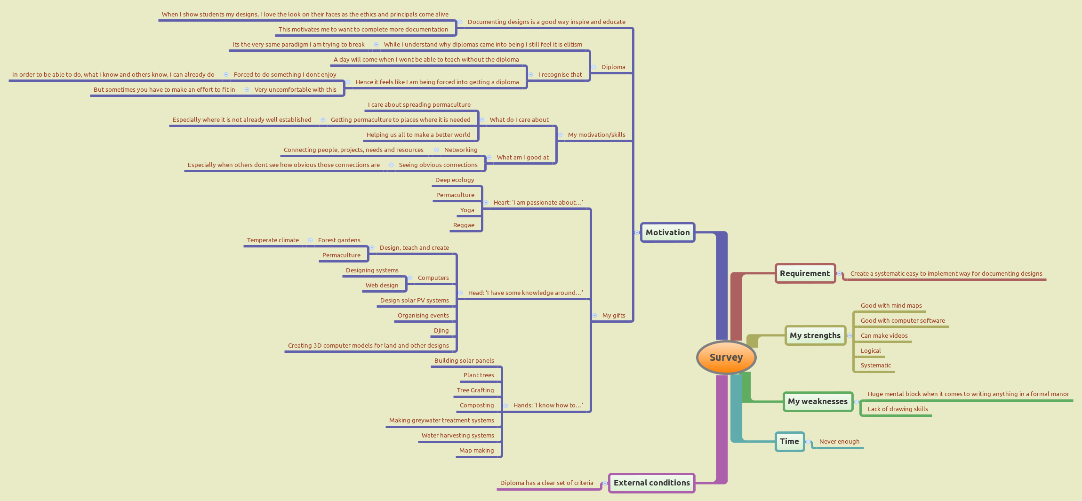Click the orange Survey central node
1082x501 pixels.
726,358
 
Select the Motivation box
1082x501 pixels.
667,232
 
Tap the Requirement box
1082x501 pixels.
805,273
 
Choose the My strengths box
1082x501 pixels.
815,335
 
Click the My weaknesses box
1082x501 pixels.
818,401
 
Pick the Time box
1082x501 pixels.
789,441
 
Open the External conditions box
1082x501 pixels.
651,483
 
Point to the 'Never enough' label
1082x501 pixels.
839,441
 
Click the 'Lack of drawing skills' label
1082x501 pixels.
898,409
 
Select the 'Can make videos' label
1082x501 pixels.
884,335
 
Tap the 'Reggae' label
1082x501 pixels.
464,225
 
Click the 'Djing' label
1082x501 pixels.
441,330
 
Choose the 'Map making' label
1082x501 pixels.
476,450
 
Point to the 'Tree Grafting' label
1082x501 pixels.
475,390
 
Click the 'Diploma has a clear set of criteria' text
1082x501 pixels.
546,483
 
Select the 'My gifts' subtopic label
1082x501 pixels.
614,315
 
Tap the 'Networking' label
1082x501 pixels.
460,150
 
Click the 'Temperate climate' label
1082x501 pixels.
273,240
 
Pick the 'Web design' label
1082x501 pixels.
382,285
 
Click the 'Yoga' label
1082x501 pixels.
467,210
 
